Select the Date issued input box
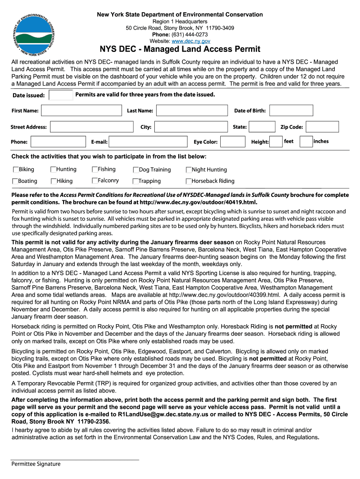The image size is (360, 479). [x=61, y=95]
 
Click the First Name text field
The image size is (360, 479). [x=81, y=110]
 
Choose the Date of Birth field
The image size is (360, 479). [x=292, y=110]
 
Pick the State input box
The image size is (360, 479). [x=262, y=127]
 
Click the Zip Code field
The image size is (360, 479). [x=322, y=127]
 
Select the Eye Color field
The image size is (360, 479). [x=232, y=142]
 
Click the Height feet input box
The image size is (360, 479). [x=276, y=142]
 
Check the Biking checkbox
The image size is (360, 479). [x=16, y=170]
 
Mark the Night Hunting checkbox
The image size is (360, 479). [x=189, y=170]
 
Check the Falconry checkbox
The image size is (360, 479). [x=95, y=181]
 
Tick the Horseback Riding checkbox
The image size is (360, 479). [x=189, y=181]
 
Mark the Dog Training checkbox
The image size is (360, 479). [x=136, y=170]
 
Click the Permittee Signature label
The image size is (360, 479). [x=36, y=464]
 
